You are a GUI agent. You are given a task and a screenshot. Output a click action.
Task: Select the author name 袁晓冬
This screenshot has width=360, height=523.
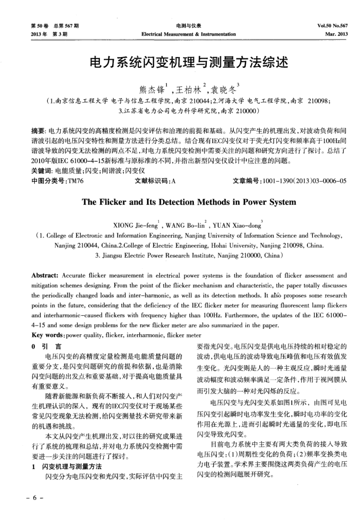pos(215,86)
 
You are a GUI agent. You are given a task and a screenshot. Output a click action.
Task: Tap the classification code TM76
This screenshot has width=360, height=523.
pos(75,166)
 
